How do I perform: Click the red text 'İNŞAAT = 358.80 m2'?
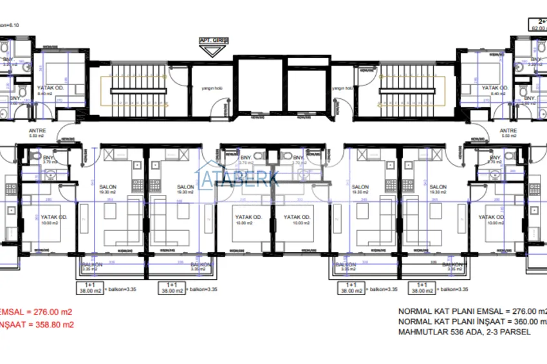[37, 325]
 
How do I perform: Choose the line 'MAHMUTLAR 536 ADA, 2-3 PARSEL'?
[464, 332]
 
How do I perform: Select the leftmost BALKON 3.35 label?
[92, 266]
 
